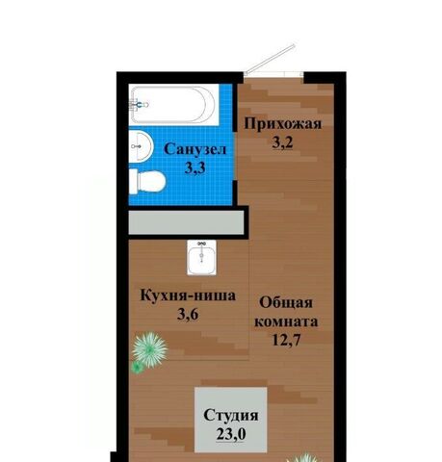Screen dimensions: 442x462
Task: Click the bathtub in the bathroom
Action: coord(174,105)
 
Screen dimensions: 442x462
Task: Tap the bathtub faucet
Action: coord(139,105)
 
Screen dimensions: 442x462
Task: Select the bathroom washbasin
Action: coord(141,146)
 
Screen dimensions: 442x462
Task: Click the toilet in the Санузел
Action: coord(147,182)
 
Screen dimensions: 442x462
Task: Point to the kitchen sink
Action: coord(201,258)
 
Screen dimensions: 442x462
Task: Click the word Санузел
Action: coord(195,149)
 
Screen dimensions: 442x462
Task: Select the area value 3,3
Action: coord(195,167)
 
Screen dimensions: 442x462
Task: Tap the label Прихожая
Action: coord(283,123)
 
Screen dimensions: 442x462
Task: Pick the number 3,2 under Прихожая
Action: coord(282,142)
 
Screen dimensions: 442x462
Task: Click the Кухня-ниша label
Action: coord(188,295)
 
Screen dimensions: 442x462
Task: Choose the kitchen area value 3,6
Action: coord(188,315)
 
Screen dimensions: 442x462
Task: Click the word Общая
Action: coord(286,302)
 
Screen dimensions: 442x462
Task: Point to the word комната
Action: coord(286,321)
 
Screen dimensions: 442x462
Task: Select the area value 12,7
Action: coord(286,340)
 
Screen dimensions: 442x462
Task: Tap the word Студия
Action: coord(231,416)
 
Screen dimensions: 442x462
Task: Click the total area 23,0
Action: coord(231,434)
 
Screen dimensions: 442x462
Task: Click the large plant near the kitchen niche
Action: coord(150,349)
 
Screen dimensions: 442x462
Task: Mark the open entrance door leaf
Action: coord(270,59)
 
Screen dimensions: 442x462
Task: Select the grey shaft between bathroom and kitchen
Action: coord(187,222)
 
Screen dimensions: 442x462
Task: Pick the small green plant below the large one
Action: coord(138,368)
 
